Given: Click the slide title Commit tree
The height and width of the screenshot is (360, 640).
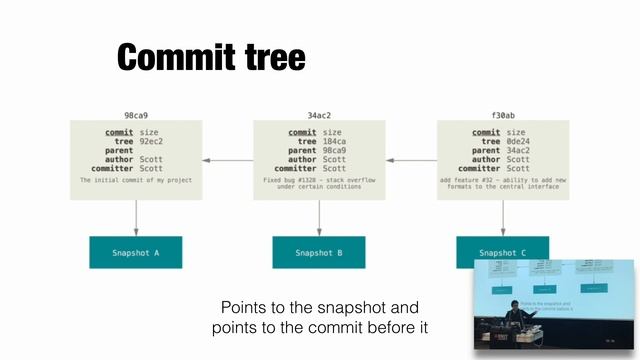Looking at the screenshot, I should click(x=211, y=57).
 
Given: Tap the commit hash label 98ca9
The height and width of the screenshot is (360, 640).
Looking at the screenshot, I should click(x=136, y=116).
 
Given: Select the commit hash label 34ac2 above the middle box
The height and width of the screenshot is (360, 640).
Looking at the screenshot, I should click(x=320, y=116).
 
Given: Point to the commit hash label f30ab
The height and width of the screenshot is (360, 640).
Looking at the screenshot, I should click(x=504, y=116).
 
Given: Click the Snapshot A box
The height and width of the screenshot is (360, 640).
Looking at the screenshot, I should click(x=136, y=253).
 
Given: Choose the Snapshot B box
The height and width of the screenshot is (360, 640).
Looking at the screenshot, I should click(x=319, y=253).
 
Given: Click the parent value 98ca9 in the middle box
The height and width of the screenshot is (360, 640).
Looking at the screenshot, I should click(x=337, y=150).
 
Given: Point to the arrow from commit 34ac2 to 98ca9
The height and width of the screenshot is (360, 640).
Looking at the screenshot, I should click(x=227, y=160).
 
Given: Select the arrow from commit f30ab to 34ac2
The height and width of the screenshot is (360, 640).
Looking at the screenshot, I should click(x=411, y=160).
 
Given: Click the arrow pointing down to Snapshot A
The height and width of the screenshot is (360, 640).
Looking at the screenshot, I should click(x=136, y=217).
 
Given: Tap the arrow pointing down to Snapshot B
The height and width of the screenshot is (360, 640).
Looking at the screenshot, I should click(x=320, y=217).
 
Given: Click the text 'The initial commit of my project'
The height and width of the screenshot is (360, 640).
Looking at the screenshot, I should click(x=135, y=179).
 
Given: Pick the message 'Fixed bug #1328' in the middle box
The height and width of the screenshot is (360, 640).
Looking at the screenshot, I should click(x=320, y=179).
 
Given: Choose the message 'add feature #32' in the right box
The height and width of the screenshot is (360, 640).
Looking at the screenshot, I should click(x=504, y=179).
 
